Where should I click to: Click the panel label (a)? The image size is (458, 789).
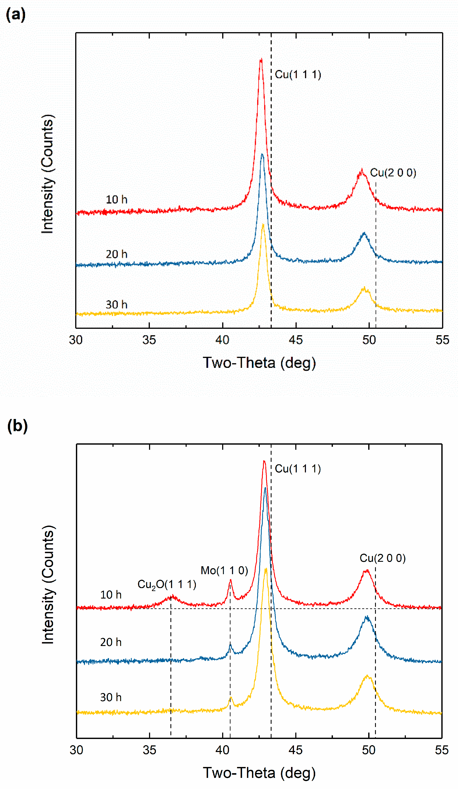16,15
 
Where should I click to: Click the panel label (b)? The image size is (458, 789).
17,426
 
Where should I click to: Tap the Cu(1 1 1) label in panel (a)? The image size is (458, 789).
298,75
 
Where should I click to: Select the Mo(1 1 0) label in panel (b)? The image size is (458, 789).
224,571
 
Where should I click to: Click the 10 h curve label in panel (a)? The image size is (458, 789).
117,200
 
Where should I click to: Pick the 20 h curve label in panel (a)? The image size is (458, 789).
117,254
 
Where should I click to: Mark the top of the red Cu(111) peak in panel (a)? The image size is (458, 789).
261,59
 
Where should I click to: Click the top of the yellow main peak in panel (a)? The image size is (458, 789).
263,225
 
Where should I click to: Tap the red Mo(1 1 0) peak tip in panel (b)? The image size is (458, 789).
230,580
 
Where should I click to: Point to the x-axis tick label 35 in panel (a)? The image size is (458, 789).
149,340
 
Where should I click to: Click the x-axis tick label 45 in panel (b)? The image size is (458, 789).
296,750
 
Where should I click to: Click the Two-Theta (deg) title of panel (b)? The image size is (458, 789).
259,773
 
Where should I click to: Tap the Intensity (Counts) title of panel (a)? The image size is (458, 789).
48,174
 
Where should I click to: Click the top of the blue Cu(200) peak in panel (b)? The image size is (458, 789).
366,617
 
